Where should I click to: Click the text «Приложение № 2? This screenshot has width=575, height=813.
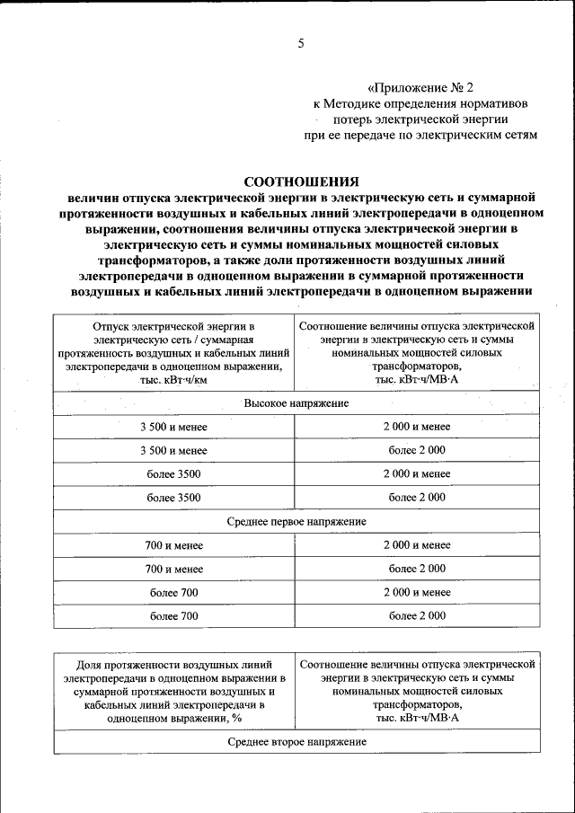[x=420, y=87]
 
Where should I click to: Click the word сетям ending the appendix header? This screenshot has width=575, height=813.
[x=519, y=135]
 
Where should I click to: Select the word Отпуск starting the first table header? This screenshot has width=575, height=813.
[x=110, y=325]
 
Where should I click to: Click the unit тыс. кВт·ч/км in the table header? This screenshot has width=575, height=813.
[x=173, y=380]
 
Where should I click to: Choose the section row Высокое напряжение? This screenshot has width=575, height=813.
[x=296, y=403]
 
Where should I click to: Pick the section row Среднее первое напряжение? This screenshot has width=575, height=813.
[x=296, y=521]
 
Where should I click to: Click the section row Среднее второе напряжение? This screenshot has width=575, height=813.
[x=296, y=741]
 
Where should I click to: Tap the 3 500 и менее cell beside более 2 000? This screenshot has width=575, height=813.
[x=173, y=450]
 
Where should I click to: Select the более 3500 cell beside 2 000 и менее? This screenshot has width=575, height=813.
[x=173, y=473]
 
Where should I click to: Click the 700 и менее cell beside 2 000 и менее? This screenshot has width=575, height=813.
[x=173, y=544]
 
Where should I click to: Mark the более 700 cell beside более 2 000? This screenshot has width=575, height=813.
[x=173, y=615]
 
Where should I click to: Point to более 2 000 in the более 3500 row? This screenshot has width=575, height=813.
[x=417, y=497]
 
